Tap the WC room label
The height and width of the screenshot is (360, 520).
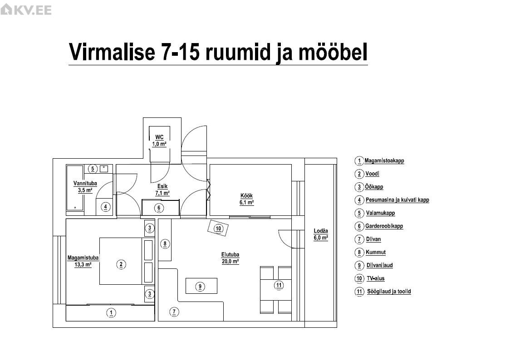tap(159, 141)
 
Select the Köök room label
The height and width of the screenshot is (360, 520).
tap(246, 199)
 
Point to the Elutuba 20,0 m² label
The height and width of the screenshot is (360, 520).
tap(230, 258)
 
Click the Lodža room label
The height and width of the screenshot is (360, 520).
tap(321, 234)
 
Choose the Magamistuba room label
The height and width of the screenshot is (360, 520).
tap(83, 261)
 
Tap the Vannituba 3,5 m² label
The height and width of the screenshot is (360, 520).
tap(85, 187)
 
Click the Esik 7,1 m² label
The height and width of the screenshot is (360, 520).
tap(162, 190)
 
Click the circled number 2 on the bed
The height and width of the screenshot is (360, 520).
tap(121, 264)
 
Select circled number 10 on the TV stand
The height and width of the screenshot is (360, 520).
tap(218, 229)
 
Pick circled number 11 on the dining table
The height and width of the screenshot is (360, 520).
tap(279, 285)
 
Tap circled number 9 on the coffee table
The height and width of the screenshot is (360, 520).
tap(200, 287)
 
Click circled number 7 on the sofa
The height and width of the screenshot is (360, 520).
tap(174, 311)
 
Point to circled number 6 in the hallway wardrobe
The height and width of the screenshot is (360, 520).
tap(159, 208)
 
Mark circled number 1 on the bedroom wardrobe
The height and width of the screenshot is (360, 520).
tap(112, 312)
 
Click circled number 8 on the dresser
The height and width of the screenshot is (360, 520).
tap(165, 244)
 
